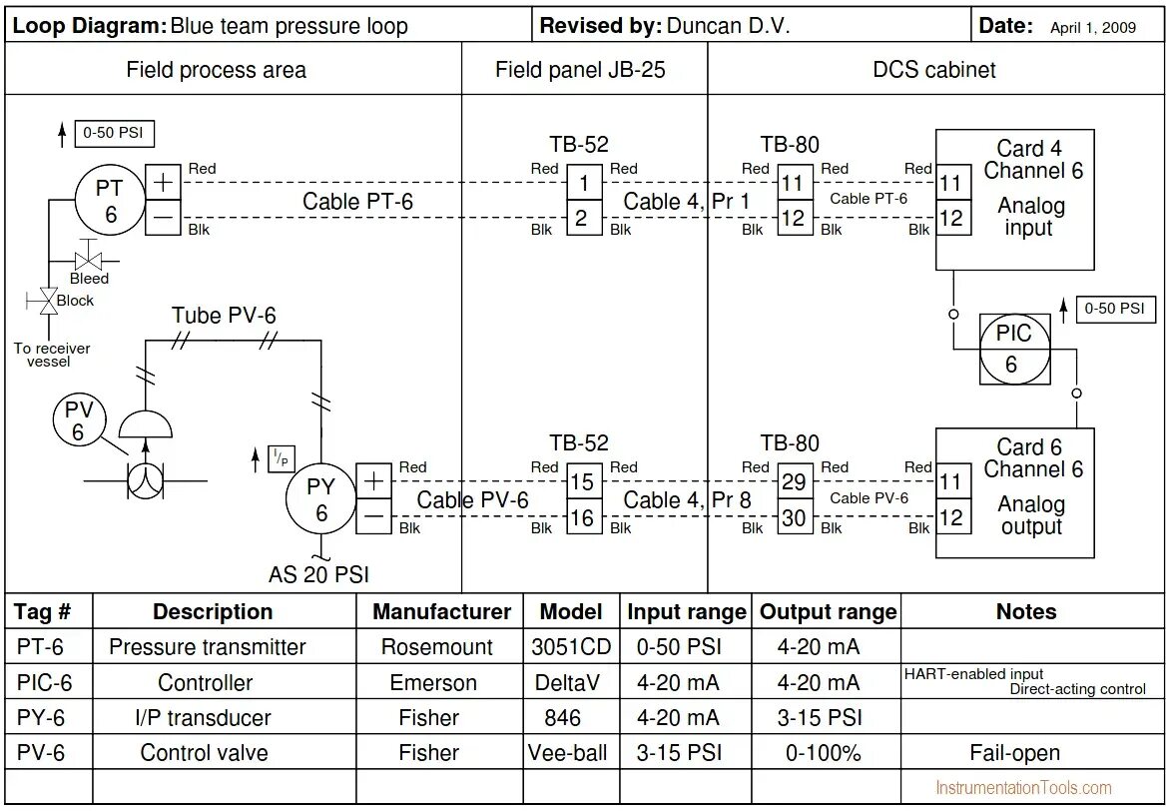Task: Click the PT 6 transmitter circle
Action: tap(110, 200)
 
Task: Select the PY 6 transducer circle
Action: tap(321, 499)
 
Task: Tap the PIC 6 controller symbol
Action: tap(1014, 349)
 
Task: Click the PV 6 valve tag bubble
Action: tap(79, 420)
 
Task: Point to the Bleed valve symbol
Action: tap(90, 261)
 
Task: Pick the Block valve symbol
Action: tap(49, 302)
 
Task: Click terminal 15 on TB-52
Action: tap(585, 481)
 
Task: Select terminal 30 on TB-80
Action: tap(795, 516)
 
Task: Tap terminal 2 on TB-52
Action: tap(585, 218)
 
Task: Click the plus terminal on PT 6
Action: tap(163, 183)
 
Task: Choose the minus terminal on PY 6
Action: tap(374, 516)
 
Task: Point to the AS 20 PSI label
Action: tap(318, 574)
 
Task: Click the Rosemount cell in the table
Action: tap(437, 646)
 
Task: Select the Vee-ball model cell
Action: tap(568, 752)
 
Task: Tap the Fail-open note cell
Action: tap(1014, 752)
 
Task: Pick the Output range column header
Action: tap(828, 612)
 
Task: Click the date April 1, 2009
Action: tap(1093, 28)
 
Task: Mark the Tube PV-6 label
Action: tap(224, 316)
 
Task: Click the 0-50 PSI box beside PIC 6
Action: tap(1115, 309)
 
